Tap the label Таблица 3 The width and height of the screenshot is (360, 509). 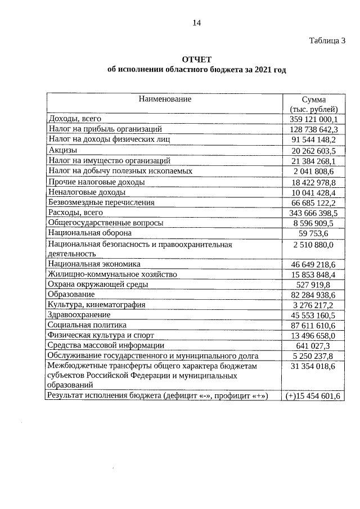327,40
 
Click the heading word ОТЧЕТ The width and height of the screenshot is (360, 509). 196,60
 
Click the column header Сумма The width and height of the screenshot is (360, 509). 313,100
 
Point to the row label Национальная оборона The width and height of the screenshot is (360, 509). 90,233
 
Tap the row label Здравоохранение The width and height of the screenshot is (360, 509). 79,315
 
